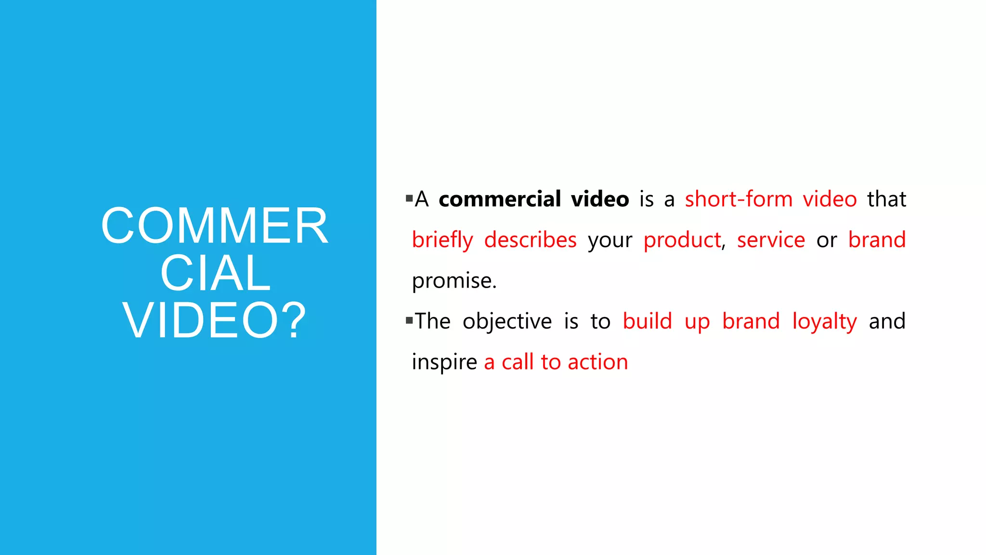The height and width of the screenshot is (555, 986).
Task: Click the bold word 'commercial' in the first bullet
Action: [499, 199]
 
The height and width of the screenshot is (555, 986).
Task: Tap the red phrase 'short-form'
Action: [739, 199]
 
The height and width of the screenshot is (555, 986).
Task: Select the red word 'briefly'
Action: [442, 240]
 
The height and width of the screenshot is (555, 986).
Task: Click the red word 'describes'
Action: [530, 240]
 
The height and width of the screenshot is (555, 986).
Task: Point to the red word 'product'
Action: [682, 240]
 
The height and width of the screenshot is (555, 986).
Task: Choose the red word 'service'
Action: [771, 240]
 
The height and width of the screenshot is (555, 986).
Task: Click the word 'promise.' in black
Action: [454, 281]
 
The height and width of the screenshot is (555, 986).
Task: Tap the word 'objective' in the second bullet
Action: [507, 321]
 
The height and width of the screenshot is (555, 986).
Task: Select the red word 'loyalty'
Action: [824, 321]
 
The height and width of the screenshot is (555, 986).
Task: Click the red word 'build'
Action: [647, 321]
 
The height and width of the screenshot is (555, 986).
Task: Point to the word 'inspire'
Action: [444, 362]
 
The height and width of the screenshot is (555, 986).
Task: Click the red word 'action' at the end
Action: [597, 362]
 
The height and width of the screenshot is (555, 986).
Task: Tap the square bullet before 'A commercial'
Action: [409, 198]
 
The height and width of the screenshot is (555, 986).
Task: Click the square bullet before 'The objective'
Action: [409, 320]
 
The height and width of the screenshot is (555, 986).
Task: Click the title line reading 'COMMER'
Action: [214, 226]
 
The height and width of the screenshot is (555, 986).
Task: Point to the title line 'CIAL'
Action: [215, 273]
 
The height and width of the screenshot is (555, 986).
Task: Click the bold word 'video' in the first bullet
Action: [600, 199]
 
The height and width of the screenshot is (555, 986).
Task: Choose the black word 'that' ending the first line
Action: [886, 199]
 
